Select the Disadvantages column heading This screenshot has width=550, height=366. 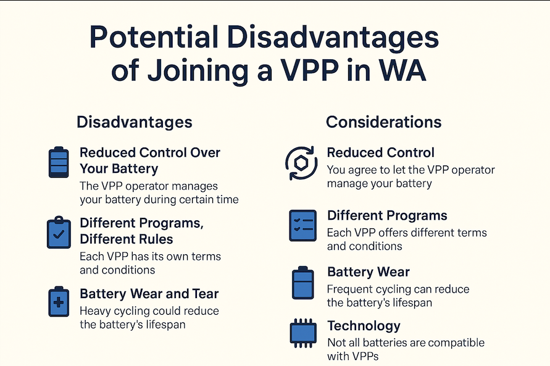coord(135,122)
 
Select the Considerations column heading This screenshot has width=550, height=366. coord(383,122)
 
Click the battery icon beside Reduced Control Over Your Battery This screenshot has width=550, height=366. coord(59,162)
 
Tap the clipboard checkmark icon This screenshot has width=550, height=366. coord(59,232)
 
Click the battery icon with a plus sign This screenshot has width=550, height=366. coord(59,301)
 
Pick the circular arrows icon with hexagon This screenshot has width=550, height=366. coord(301,164)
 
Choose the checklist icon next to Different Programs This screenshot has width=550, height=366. coord(302,225)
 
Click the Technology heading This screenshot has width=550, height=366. coord(364,326)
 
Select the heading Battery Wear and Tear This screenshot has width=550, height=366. coord(149,294)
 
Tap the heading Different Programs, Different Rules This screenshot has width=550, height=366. coord(141,230)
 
